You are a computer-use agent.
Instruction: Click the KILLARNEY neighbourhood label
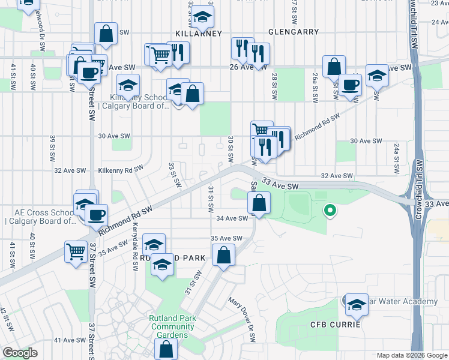coord(198,34)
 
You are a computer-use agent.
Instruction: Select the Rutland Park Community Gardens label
coord(173,327)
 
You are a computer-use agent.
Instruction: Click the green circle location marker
coord(329,211)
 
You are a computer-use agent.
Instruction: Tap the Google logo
coord(20,353)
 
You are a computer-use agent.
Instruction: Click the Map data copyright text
coord(412,355)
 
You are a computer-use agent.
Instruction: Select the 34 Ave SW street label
coord(232,218)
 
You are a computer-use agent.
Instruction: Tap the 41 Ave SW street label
coord(68,340)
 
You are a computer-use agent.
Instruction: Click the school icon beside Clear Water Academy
coord(357,305)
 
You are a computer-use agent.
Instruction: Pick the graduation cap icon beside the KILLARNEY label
coord(203,17)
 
